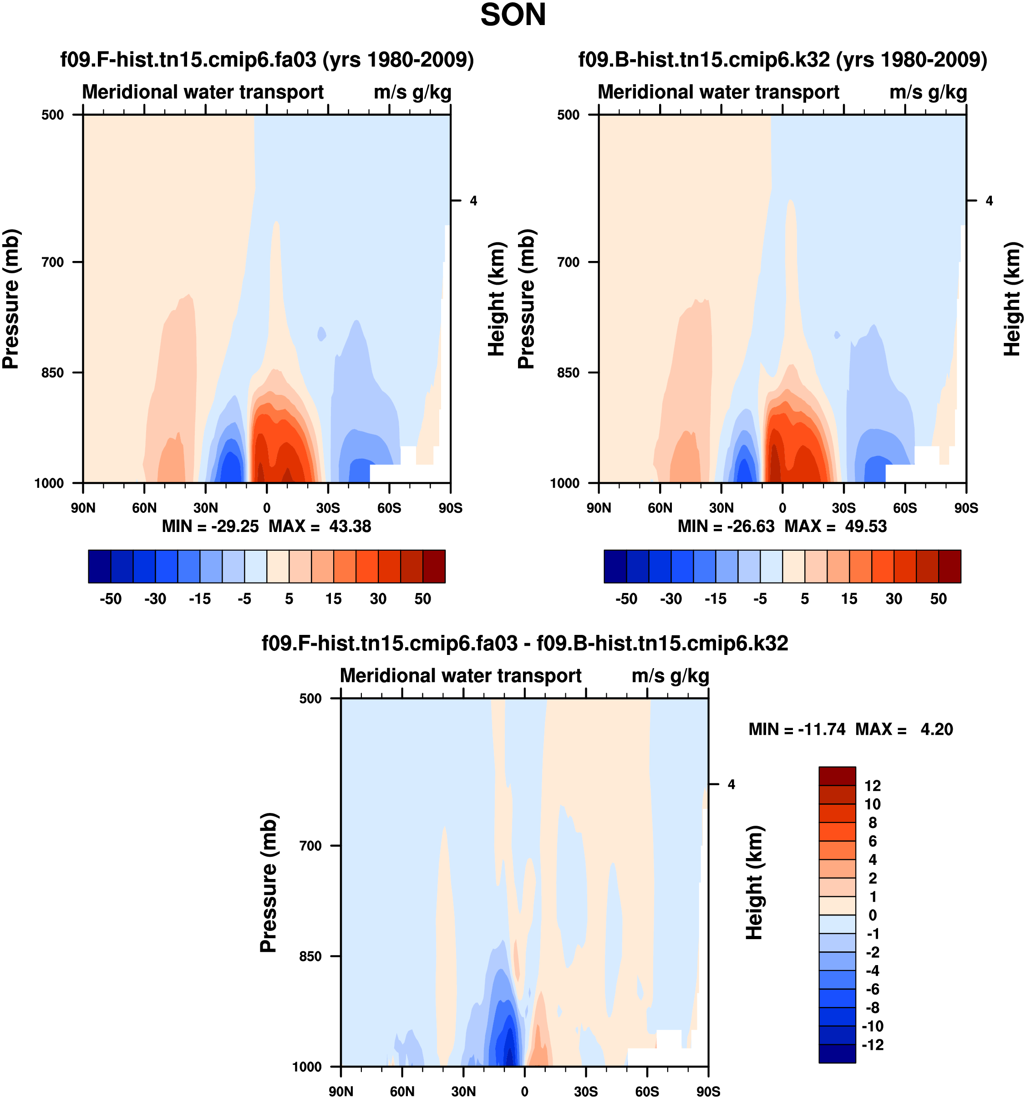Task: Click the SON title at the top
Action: point(513,15)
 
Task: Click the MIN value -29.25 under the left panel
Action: point(235,526)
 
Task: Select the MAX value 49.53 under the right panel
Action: point(865,526)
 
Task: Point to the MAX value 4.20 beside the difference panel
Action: point(936,730)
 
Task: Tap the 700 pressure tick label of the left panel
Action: point(53,262)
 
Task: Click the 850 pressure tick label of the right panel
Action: point(569,373)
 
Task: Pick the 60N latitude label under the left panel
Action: point(144,508)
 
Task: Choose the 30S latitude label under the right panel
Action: point(843,508)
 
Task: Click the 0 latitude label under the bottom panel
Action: point(524,1091)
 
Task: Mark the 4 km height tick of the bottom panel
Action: point(731,784)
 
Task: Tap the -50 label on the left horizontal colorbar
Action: point(111,599)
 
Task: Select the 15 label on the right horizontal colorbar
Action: point(849,599)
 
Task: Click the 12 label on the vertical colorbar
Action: point(873,786)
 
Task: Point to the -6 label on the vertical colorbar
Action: point(873,989)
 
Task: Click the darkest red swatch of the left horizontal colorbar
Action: point(434,566)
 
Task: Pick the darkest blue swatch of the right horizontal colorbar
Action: point(615,566)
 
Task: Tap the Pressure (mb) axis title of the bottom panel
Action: point(269,882)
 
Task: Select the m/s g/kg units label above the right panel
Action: point(928,92)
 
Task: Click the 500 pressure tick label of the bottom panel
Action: point(310,698)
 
